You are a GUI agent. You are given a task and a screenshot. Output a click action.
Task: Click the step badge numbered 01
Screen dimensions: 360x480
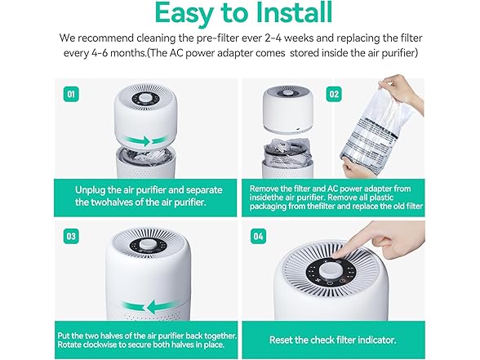[73, 94]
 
